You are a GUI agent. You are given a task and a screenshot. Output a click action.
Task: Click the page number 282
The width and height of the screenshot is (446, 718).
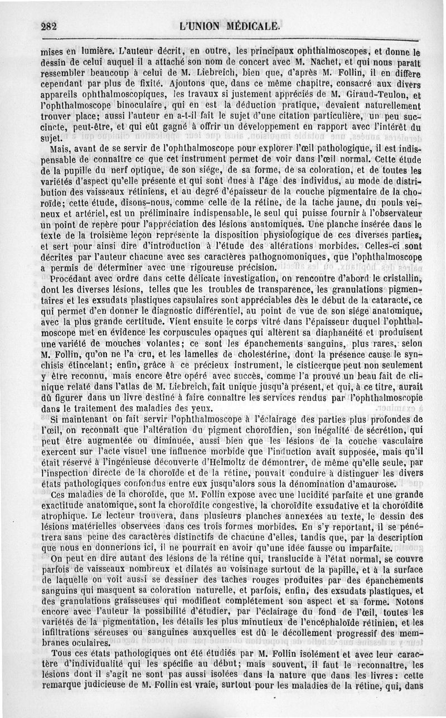point(50,26)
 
